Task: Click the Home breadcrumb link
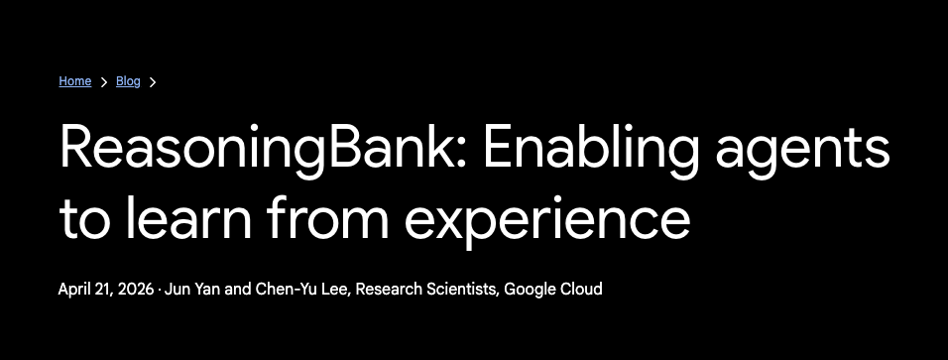tap(74, 81)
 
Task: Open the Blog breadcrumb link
tap(128, 81)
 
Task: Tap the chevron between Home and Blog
tap(103, 82)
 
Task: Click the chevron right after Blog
tap(153, 82)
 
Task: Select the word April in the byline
tap(75, 290)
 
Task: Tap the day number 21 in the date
tap(104, 290)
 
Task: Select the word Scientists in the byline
tap(462, 290)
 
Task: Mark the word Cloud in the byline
tap(582, 290)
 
